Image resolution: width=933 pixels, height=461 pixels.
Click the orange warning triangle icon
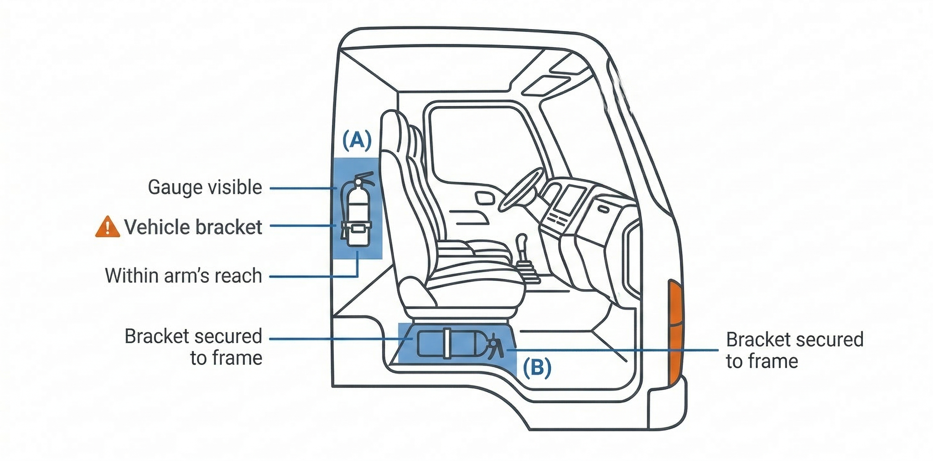(x=108, y=227)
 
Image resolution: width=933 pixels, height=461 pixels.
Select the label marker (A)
(x=357, y=141)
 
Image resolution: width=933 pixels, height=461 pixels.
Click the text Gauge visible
(x=205, y=187)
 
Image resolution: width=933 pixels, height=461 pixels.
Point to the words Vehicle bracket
(x=193, y=227)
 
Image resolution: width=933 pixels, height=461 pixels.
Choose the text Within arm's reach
(x=184, y=276)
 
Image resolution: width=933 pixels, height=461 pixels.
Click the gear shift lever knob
(x=522, y=240)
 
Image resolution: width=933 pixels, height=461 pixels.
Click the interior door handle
(x=485, y=198)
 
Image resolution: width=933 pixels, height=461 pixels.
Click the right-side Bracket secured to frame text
(x=795, y=350)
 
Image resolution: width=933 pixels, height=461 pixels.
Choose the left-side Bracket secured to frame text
(x=194, y=347)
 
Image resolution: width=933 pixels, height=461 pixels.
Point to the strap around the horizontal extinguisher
(x=447, y=344)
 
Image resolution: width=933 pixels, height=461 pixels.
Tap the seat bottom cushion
(x=475, y=275)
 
